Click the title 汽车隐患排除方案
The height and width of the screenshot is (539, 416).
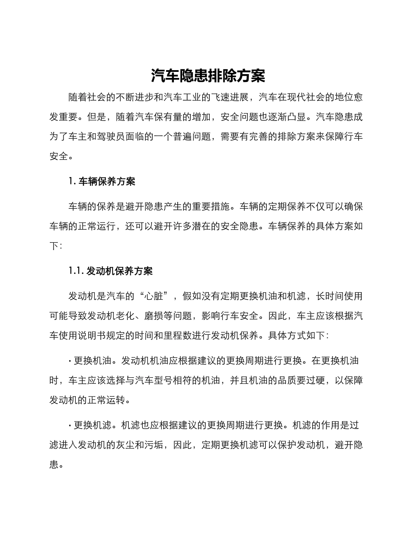[208, 76]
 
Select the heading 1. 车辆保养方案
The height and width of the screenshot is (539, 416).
[102, 181]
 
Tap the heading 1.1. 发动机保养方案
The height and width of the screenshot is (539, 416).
[111, 271]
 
